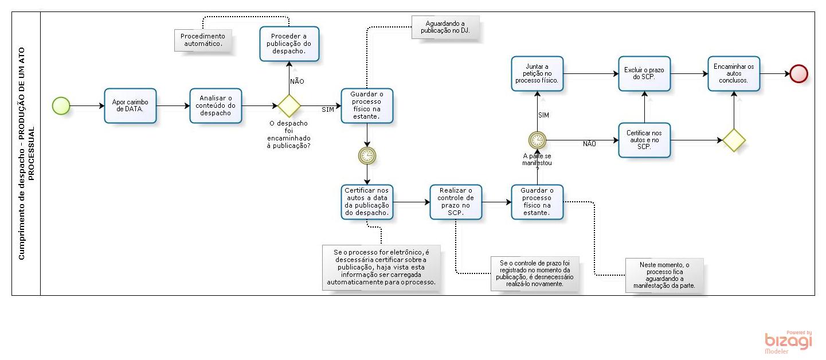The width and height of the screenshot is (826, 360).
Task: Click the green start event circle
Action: pos(61,105)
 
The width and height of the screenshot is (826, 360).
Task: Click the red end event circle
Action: pos(798,73)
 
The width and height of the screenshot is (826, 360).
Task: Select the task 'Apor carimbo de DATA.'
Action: pos(130,105)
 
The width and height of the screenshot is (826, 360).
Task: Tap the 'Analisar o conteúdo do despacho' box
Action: pos(216,105)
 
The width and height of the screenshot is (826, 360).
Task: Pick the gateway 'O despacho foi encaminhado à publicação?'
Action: pos(289,105)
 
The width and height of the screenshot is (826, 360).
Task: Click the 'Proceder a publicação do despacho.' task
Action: pos(289,44)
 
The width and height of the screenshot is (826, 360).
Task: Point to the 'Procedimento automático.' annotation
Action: pos(203,40)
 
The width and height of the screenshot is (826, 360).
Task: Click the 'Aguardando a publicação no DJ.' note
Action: pos(444,27)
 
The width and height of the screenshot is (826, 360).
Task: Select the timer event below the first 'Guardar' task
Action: pos(367,155)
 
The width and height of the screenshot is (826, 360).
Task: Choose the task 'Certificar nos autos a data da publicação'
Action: pos(367,202)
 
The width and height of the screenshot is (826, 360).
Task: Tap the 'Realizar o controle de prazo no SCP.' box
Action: pos(456,202)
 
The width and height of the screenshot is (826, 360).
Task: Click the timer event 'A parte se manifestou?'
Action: pos(537,139)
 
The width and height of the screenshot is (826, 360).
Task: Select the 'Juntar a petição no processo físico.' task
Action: pos(537,73)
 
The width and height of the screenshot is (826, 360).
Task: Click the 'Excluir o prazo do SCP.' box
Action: pos(644,73)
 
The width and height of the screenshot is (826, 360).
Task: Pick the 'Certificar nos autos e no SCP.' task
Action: pos(644,140)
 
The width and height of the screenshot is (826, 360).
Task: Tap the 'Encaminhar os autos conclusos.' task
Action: pos(734,73)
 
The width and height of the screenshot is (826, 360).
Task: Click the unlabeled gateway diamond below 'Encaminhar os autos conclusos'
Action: pos(734,140)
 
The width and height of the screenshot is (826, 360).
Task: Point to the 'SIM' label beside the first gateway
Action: pos(328,109)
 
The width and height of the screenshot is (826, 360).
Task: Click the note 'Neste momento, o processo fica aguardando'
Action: pos(664,275)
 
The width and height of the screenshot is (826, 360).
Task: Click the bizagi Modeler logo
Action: pos(789,342)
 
